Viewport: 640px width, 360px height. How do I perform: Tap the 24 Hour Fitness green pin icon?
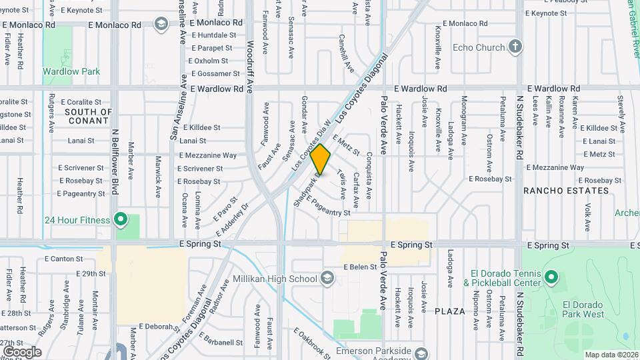[x=120, y=218]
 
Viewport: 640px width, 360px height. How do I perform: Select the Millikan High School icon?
[x=327, y=278]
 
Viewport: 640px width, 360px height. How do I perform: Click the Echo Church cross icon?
[x=515, y=47]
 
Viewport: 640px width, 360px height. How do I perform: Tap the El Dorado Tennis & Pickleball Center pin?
[x=551, y=277]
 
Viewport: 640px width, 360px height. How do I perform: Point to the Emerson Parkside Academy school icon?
[x=420, y=353]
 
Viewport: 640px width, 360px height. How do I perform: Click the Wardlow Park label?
[x=71, y=71]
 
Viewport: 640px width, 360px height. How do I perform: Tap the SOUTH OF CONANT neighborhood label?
[x=89, y=116]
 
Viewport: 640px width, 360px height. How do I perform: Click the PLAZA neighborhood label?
[x=449, y=311]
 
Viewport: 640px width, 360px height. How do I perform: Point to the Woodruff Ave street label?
[x=250, y=67]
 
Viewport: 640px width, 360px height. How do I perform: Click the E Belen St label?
[x=360, y=267]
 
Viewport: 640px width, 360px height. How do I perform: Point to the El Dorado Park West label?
[x=583, y=309]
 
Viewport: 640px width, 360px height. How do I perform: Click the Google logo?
[x=22, y=352]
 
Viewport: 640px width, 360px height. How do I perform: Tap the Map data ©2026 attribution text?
[x=610, y=355]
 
